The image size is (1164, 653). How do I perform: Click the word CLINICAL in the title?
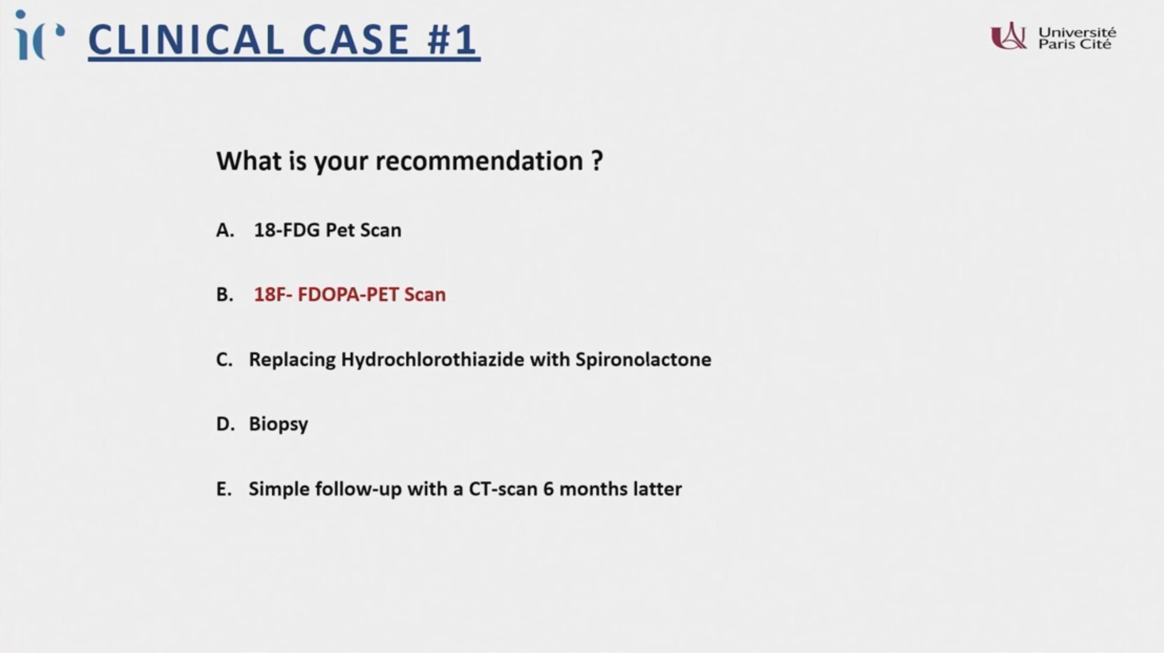pyautogui.click(x=186, y=40)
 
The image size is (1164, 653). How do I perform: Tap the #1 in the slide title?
pyautogui.click(x=452, y=40)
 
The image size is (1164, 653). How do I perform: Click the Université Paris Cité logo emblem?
pyautogui.click(x=1008, y=36)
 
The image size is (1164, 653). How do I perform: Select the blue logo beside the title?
pyautogui.click(x=39, y=35)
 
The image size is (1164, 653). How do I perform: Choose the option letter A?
pyautogui.click(x=225, y=230)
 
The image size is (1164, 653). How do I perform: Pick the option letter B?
pyautogui.click(x=224, y=295)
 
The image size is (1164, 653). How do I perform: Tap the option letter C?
pyautogui.click(x=224, y=360)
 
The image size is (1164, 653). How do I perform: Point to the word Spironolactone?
pyautogui.click(x=643, y=360)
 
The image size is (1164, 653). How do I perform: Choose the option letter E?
pyautogui.click(x=224, y=489)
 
